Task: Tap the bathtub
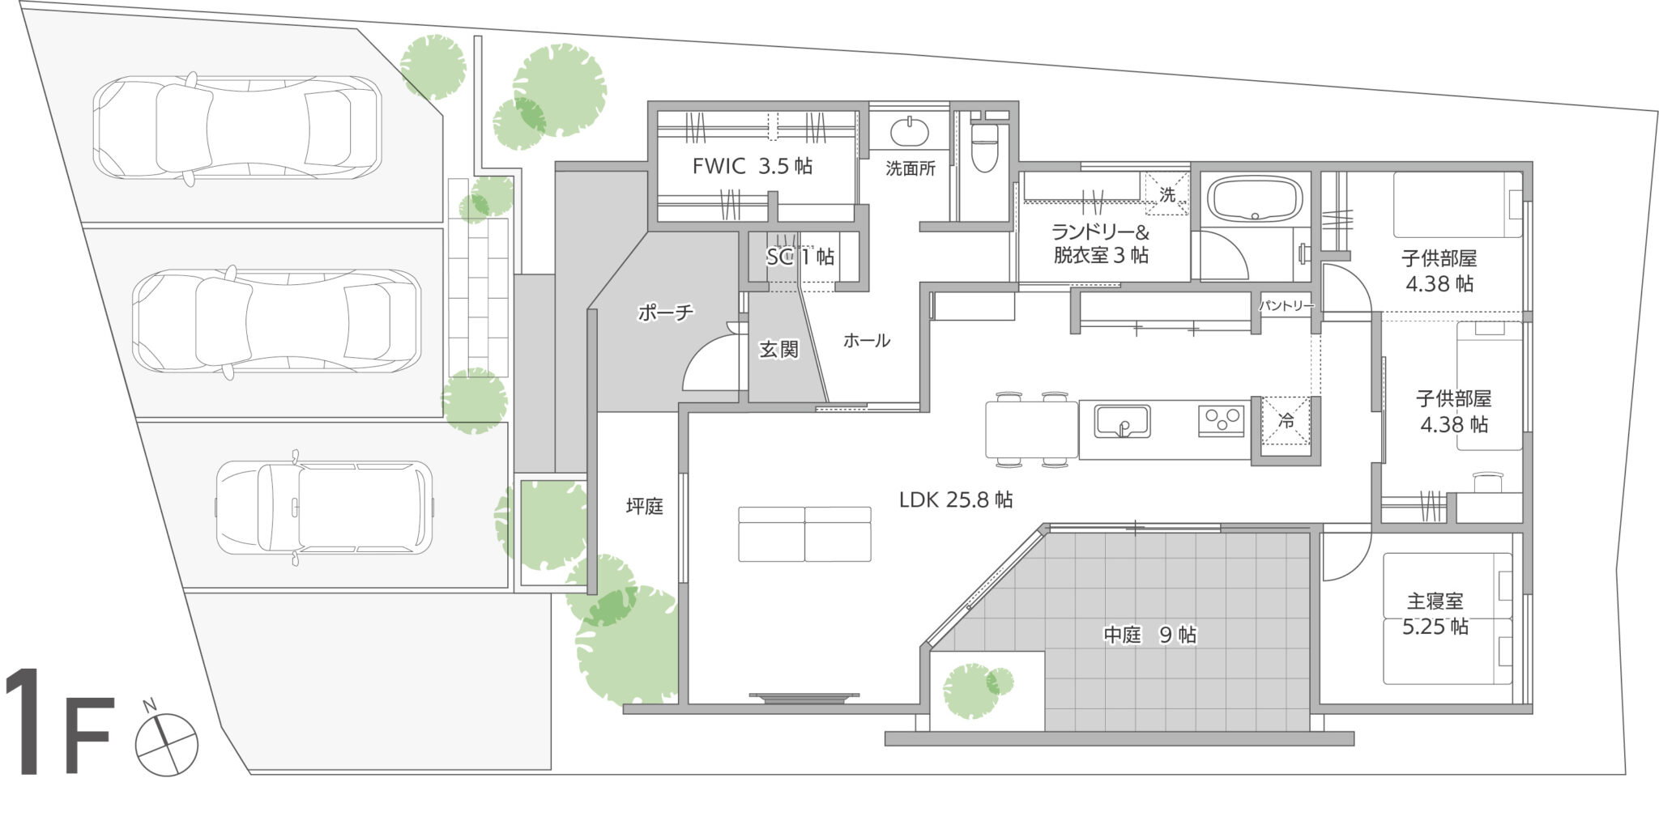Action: point(1255,199)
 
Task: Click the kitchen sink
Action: point(1122,421)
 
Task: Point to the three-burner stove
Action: point(1222,421)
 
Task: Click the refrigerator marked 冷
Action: point(1286,421)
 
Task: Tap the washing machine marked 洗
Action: point(1166,193)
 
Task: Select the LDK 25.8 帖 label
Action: point(956,500)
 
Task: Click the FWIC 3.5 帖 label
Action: point(753,166)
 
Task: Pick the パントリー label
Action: point(1286,305)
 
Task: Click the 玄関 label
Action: point(778,349)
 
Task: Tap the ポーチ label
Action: point(665,312)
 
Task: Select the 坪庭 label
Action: point(645,507)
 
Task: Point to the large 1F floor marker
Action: point(58,722)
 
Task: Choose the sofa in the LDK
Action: point(804,534)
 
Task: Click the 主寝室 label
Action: point(1435,602)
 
